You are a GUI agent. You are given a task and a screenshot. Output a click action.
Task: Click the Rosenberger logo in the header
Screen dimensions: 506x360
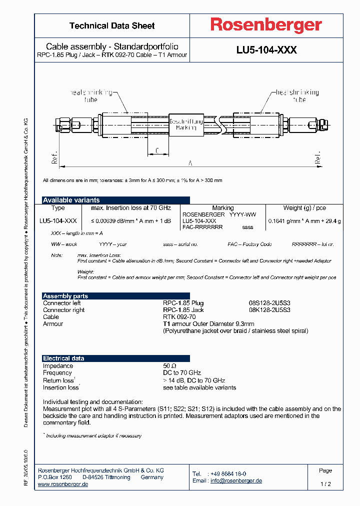pyautogui.click(x=266, y=25)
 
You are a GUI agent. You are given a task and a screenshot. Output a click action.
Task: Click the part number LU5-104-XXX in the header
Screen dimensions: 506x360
pyautogui.click(x=266, y=50)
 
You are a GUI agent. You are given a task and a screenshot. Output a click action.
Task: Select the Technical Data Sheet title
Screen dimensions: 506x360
pyautogui.click(x=112, y=26)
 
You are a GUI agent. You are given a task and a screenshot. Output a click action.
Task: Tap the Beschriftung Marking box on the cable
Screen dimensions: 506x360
pyautogui.click(x=185, y=124)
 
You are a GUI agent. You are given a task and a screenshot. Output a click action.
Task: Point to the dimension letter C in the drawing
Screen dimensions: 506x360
pyautogui.click(x=157, y=150)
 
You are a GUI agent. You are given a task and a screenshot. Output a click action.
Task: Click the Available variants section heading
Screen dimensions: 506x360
pyautogui.click(x=71, y=200)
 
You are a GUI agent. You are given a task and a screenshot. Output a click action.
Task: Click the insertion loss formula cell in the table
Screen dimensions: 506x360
pyautogui.click(x=130, y=220)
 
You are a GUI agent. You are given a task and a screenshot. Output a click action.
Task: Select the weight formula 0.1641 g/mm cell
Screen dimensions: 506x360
pyautogui.click(x=304, y=220)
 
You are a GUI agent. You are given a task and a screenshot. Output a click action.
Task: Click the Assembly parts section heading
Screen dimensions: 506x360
pyautogui.click(x=65, y=296)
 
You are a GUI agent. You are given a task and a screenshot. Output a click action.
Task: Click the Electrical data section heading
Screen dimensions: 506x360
pyautogui.click(x=63, y=358)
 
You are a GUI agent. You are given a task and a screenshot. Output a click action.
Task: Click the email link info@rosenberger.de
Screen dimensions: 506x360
pyautogui.click(x=236, y=480)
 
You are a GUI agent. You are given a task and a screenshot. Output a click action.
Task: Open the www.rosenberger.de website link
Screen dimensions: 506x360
pyautogui.click(x=63, y=484)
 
